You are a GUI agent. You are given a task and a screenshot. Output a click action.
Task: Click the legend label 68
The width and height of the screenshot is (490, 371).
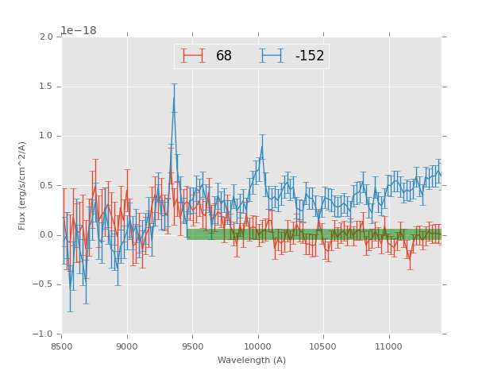[224, 56]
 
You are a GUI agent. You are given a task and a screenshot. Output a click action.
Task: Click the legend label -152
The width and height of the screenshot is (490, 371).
[310, 56]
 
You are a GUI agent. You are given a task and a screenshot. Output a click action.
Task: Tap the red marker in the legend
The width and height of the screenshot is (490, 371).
[193, 56]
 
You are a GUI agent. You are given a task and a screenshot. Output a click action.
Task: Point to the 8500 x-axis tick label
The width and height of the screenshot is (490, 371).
[62, 346]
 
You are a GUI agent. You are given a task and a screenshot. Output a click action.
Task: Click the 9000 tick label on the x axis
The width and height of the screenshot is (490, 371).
[127, 346]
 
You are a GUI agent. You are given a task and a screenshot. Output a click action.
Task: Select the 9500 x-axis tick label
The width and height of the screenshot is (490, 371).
[193, 346]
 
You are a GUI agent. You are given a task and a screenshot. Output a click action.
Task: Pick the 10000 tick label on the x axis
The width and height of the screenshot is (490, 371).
[258, 346]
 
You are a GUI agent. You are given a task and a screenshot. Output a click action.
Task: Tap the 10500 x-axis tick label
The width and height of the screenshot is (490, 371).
[323, 346]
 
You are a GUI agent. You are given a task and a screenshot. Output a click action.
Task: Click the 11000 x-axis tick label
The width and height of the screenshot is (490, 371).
[389, 346]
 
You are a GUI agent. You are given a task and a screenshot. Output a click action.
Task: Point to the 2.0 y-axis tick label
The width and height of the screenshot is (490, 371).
[46, 37]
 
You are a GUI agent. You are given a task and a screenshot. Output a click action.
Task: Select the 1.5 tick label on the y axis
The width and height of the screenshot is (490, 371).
[46, 87]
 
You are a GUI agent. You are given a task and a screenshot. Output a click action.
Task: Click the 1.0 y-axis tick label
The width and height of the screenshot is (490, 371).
[46, 136]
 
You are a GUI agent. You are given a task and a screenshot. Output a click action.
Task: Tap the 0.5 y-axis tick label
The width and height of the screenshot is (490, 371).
[46, 186]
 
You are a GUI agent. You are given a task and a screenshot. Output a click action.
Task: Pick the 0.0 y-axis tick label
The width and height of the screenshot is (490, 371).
[46, 235]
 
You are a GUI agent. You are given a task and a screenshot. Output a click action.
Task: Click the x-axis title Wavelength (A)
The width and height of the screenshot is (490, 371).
[252, 360]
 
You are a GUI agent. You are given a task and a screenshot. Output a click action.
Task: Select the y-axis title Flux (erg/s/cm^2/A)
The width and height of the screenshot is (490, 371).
[23, 185]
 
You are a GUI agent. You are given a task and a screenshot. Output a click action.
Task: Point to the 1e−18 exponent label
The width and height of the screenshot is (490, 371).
[79, 31]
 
